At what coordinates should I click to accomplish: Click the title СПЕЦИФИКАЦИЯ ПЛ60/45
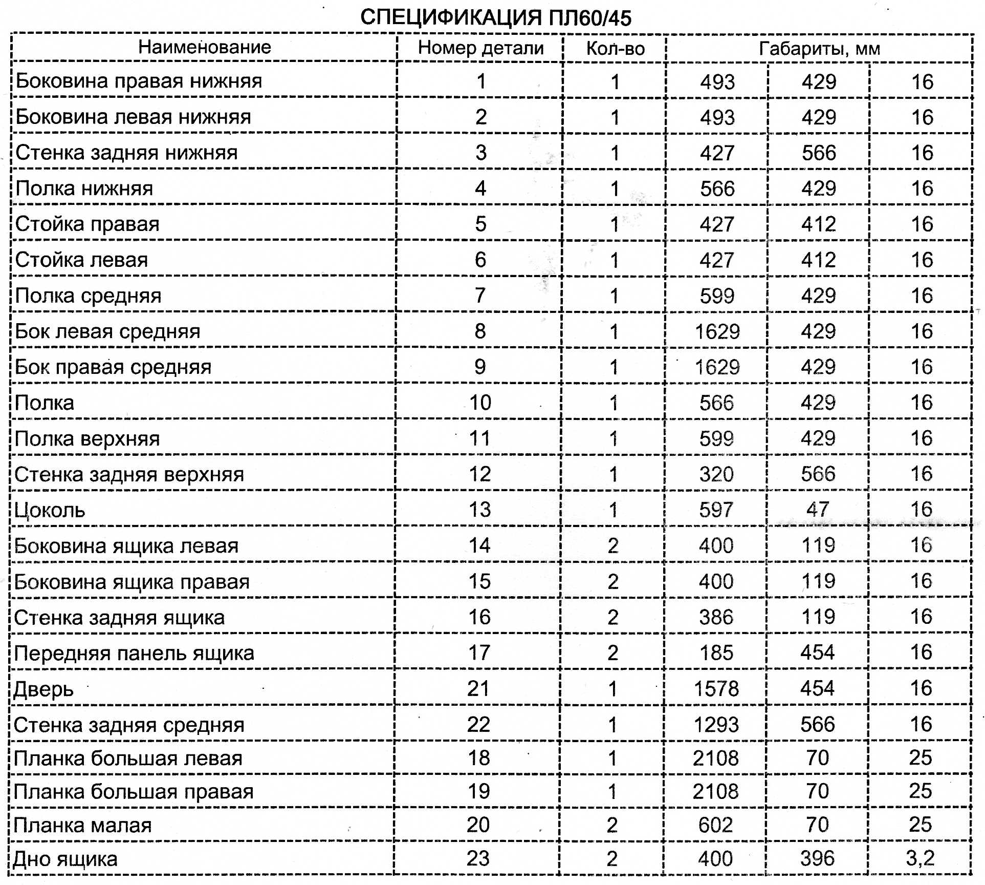[495, 18]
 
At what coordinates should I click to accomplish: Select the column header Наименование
[204, 47]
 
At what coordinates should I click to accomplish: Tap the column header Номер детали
[480, 48]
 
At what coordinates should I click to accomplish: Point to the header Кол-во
[615, 48]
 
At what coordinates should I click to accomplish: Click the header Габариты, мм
[819, 49]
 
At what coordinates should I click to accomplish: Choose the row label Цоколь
[50, 510]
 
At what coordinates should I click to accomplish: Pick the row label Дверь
[43, 689]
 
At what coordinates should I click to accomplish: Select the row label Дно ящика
[65, 859]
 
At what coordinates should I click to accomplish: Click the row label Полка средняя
[88, 296]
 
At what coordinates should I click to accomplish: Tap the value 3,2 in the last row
[920, 858]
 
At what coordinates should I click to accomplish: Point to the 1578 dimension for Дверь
[716, 689]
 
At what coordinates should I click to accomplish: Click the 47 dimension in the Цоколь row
[818, 510]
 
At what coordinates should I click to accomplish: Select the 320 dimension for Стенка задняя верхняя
[716, 474]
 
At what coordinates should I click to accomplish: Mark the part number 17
[479, 653]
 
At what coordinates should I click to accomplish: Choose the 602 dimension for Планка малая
[715, 825]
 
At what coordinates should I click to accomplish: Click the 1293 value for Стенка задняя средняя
[716, 725]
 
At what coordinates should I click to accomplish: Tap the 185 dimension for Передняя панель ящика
[716, 653]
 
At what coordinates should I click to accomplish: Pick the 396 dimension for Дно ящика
[817, 858]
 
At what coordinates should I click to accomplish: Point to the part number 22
[478, 725]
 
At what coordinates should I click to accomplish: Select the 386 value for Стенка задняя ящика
[716, 617]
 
